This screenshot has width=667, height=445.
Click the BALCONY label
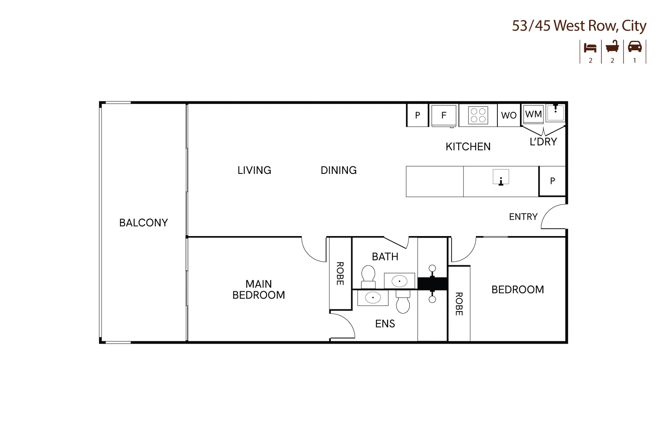(144, 222)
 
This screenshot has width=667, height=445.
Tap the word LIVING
(254, 170)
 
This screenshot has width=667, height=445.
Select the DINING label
(338, 170)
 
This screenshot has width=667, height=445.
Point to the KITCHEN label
(468, 147)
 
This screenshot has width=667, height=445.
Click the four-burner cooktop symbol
(478, 115)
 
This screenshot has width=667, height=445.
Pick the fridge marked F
(444, 115)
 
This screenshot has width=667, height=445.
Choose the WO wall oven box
(508, 115)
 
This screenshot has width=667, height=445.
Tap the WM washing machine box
(533, 114)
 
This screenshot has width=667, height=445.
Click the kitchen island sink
(501, 177)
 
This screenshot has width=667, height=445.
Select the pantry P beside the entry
(553, 181)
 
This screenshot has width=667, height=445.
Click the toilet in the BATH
(368, 277)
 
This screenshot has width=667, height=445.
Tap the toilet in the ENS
(403, 302)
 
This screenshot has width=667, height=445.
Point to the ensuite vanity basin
(373, 297)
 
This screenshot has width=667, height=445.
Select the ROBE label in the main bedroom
(340, 273)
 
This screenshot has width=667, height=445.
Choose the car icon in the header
(634, 47)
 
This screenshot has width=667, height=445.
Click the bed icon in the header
(590, 48)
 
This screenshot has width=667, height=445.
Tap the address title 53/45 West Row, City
(579, 26)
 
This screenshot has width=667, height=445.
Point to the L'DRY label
(543, 142)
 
